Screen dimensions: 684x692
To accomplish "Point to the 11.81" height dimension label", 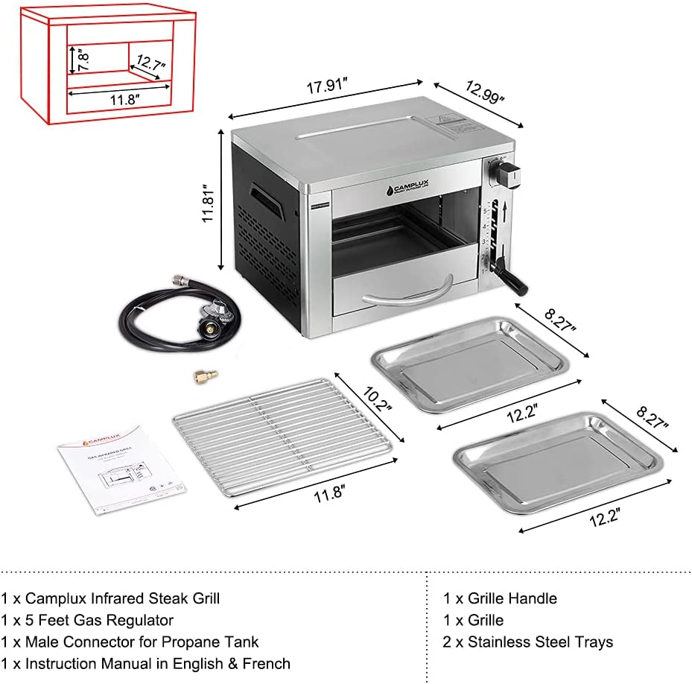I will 212,200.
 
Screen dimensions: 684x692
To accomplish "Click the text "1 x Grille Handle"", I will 500,598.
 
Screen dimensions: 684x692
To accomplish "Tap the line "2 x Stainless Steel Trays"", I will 527,642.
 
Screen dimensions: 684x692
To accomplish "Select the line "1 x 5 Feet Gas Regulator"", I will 87,620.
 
